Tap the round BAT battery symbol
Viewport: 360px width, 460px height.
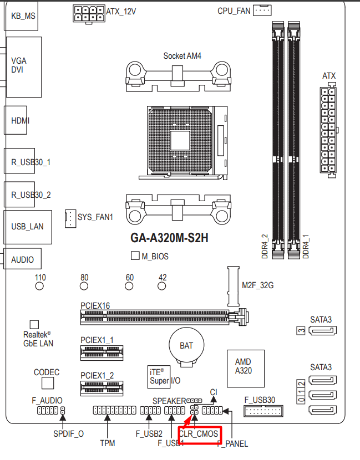pos(186,346)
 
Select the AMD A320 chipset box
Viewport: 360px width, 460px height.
pos(243,365)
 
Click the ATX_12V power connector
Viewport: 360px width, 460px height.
pos(89,14)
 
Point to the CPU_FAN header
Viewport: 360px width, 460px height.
pos(262,11)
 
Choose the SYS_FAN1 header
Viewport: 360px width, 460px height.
pos(70,218)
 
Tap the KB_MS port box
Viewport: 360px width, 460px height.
pos(22,15)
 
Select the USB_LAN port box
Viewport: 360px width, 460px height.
pos(27,226)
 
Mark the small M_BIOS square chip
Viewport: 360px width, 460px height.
pos(135,256)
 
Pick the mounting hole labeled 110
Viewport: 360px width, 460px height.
pos(39,287)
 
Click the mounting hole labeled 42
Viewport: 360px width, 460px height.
pos(162,287)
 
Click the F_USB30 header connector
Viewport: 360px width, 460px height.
pos(263,411)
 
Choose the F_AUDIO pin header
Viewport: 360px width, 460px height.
pos(47,411)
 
